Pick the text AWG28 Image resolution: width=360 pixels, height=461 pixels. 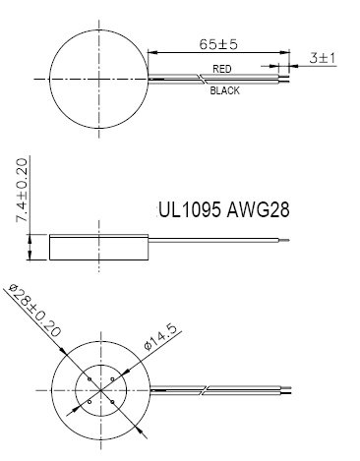pos(260,211)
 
